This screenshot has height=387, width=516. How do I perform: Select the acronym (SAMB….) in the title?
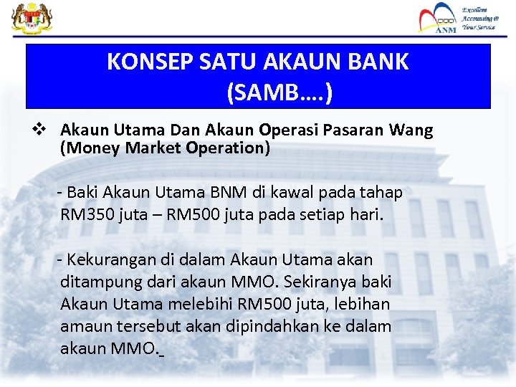point(279,92)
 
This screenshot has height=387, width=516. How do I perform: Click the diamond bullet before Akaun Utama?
point(42,130)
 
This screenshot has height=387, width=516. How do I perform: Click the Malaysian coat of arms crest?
point(27,17)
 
